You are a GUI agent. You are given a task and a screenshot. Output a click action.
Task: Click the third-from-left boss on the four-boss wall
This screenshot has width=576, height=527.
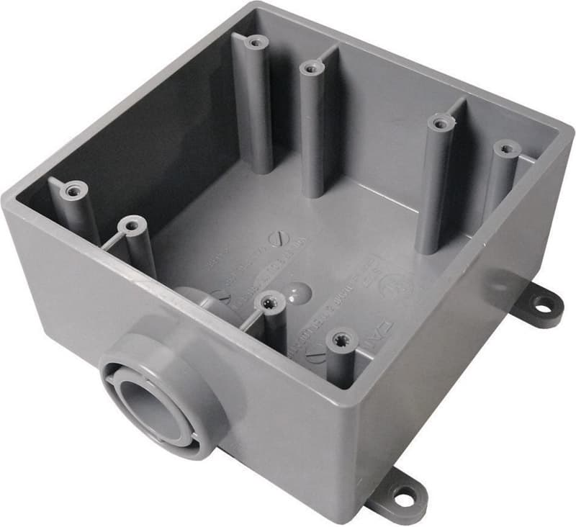[x=441, y=122]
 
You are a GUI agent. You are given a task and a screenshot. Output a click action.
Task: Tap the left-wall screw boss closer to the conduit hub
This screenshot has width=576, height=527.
[x=132, y=226]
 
